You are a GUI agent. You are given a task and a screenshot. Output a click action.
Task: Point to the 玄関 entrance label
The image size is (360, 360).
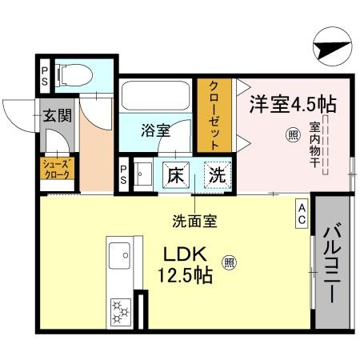point(57,114)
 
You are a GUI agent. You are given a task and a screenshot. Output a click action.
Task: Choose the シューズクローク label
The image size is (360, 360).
point(58,168)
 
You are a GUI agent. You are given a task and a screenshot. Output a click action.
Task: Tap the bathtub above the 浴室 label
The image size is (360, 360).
point(157,97)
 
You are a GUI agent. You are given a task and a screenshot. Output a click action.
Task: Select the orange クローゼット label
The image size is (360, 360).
point(215,114)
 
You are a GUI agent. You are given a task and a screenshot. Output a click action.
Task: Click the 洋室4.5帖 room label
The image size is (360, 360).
point(290,102)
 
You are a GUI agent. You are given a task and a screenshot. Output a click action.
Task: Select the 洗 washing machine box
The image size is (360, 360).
point(215,174)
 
